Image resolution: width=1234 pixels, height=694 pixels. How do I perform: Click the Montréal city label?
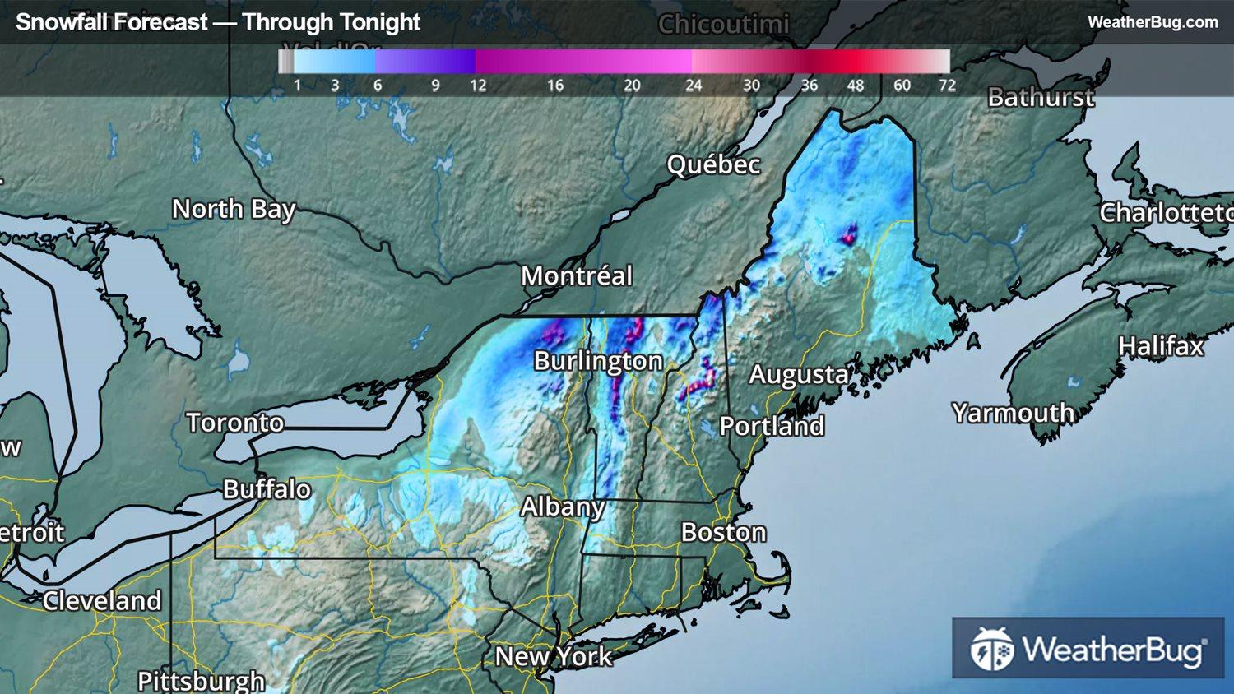(x=577, y=275)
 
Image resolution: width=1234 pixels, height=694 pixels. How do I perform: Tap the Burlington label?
(x=598, y=361)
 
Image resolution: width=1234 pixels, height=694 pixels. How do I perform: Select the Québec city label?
(x=713, y=164)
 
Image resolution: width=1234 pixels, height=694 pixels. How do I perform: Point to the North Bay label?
(x=234, y=209)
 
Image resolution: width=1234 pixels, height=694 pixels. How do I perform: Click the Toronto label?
(x=235, y=423)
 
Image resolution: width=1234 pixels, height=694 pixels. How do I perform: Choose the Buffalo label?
(x=267, y=489)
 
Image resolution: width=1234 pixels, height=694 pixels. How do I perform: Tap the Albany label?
(x=563, y=507)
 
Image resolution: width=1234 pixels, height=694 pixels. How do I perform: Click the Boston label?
(x=723, y=533)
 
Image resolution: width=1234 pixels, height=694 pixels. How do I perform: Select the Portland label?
(x=772, y=426)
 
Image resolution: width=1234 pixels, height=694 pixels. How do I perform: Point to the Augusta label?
(x=799, y=375)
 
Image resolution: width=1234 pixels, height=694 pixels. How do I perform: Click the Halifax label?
(x=1161, y=346)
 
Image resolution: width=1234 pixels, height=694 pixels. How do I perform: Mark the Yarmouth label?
(x=1013, y=412)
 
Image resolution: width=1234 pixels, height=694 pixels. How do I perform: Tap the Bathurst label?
(x=1041, y=98)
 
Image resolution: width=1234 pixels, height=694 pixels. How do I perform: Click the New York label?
(x=554, y=656)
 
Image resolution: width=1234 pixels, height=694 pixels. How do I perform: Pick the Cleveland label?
(x=102, y=601)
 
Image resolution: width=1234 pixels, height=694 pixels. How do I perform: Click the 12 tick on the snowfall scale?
(x=478, y=86)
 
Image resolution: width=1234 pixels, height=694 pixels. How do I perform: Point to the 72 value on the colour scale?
(x=947, y=86)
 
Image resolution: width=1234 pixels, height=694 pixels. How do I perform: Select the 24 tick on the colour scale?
(x=694, y=86)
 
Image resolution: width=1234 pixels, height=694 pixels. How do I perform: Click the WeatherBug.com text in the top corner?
(x=1153, y=22)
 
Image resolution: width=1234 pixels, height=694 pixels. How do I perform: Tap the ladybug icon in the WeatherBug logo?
(x=991, y=649)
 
